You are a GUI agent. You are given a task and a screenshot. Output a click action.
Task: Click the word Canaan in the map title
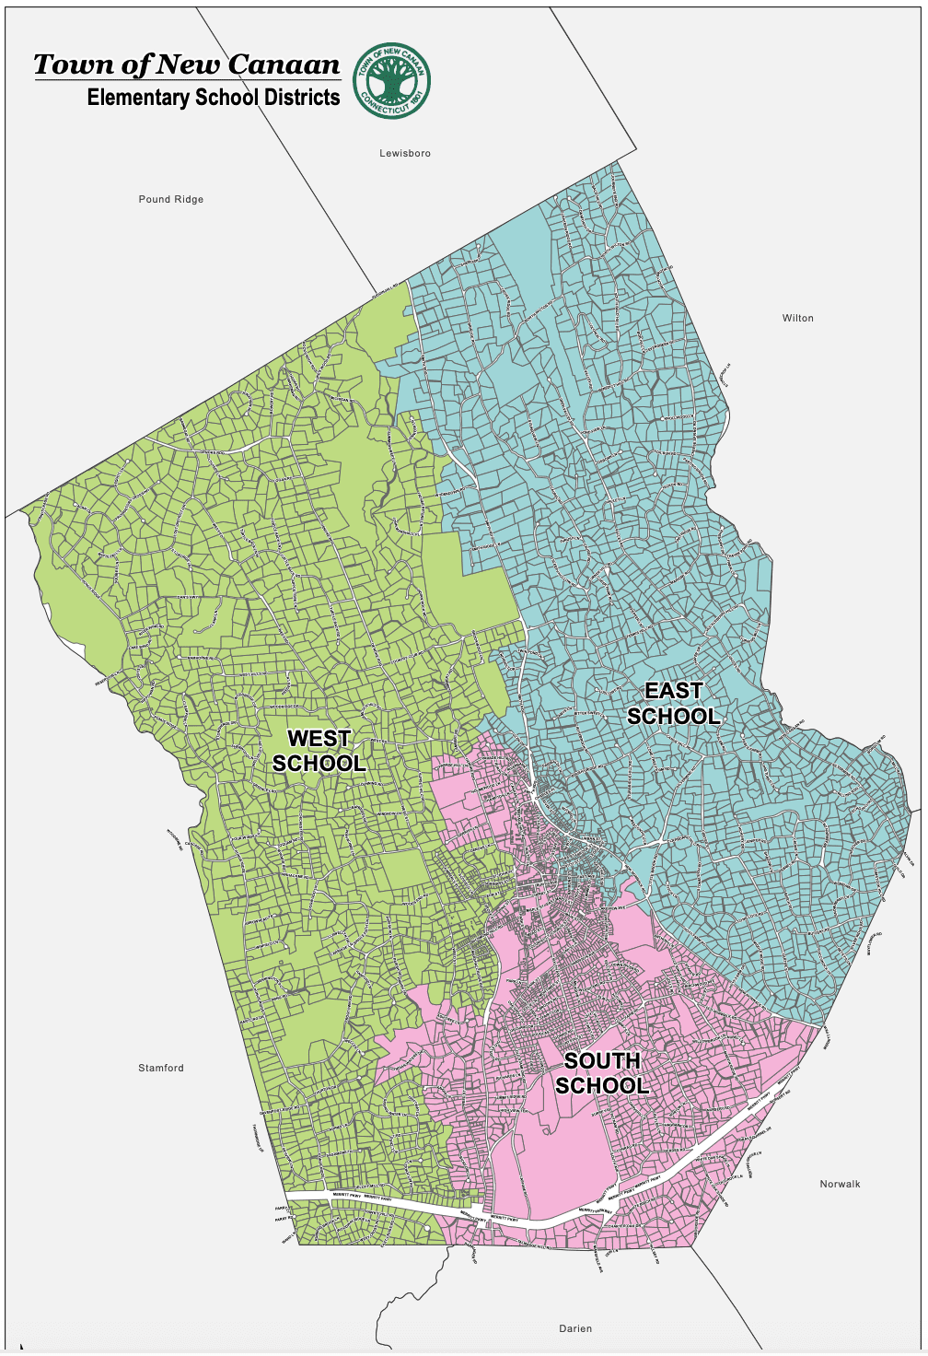point(284,64)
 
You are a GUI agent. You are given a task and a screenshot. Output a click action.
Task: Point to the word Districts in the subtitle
point(303,98)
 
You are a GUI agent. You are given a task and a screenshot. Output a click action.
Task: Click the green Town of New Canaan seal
point(392,80)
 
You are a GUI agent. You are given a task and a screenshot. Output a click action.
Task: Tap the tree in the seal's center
point(392,79)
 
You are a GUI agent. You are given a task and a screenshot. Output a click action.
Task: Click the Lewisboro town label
point(405,153)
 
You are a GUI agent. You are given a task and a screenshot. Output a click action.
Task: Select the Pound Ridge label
point(171,199)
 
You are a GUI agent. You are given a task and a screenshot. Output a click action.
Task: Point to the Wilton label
point(798,318)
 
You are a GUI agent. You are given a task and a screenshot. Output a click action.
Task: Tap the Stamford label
point(161,1068)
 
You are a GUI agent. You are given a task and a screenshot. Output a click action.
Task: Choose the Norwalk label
point(840,1184)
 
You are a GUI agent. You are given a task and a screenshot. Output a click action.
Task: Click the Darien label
point(575,1328)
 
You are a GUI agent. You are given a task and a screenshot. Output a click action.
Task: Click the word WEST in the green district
point(319,738)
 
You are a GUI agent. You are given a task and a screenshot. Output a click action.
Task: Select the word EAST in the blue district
point(673,690)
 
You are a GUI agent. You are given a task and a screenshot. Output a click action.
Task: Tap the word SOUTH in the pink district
point(602,1060)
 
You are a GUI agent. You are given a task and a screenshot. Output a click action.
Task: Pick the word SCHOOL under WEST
point(319,764)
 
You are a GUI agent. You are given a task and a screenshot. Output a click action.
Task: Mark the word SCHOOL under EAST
point(673,716)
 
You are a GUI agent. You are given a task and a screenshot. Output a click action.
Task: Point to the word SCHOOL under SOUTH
point(602,1086)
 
